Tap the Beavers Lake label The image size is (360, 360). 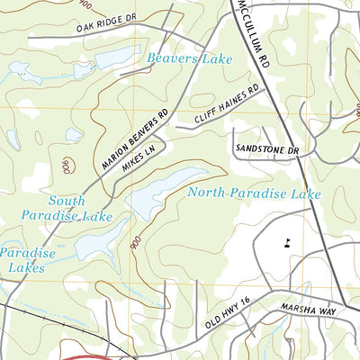(x=191, y=58)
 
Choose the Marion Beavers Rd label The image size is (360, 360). (x=136, y=139)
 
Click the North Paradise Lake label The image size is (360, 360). (x=255, y=193)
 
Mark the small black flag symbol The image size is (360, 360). (x=287, y=241)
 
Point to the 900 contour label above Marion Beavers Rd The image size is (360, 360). (x=67, y=166)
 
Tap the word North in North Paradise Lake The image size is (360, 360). (x=210, y=193)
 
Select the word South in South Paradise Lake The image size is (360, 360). (x=67, y=201)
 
